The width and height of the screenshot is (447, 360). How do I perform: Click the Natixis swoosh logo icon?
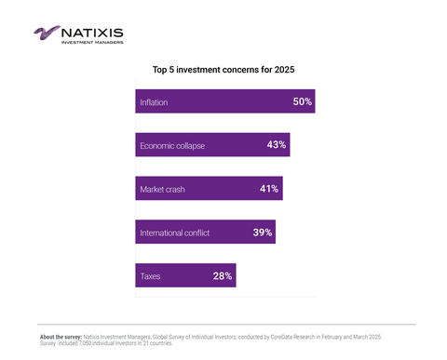point(46,33)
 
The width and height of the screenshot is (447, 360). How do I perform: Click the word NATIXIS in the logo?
point(91,31)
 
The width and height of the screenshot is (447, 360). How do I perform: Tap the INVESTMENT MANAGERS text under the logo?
point(91,42)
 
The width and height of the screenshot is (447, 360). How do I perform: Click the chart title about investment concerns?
point(223,70)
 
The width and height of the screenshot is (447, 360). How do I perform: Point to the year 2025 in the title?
point(280,70)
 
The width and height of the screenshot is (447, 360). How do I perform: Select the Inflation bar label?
point(154,102)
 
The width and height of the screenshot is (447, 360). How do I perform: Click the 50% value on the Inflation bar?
point(302,101)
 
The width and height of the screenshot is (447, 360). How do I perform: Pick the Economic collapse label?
point(171,146)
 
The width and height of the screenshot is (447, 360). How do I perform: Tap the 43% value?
point(276,145)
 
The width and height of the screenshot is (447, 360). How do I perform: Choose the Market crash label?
point(162,190)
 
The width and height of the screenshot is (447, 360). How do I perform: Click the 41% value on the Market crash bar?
point(269,189)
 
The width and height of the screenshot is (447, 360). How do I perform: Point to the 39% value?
point(262,232)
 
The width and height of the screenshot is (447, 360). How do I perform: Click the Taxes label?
point(150,276)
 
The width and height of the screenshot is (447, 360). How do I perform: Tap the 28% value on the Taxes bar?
point(222,275)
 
